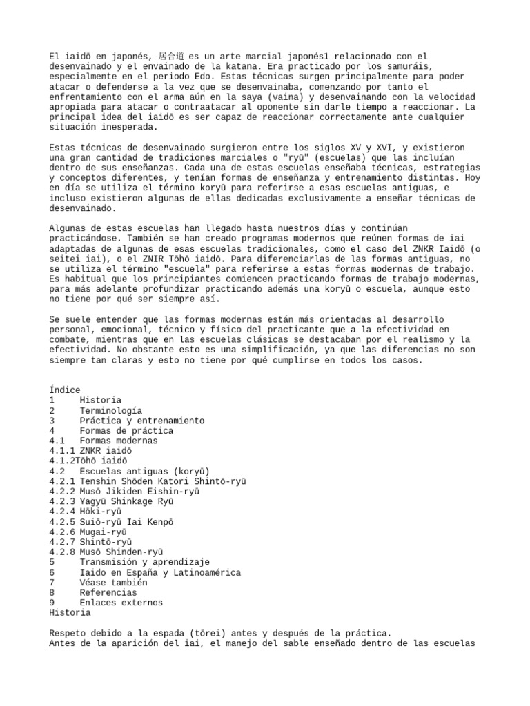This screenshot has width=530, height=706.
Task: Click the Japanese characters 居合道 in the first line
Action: click(173, 55)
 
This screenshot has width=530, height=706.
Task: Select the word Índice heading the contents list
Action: click(65, 390)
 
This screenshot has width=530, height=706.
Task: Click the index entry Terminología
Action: click(110, 410)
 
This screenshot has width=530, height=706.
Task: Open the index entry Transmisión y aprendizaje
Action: click(144, 563)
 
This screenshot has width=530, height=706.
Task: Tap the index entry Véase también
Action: click(113, 583)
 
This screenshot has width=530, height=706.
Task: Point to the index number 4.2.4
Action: click(62, 512)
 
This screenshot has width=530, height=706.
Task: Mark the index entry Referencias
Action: click(108, 593)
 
